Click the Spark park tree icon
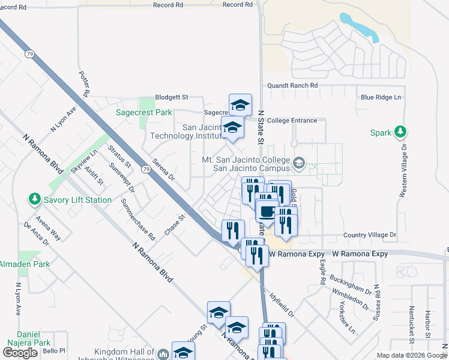click(401, 132)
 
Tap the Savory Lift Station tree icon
click(34, 199)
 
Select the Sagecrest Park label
click(143, 112)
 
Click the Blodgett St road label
click(172, 97)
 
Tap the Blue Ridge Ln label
click(381, 97)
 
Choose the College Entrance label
click(292, 121)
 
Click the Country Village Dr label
click(370, 236)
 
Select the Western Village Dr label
click(403, 171)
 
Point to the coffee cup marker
click(267, 211)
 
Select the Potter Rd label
click(84, 84)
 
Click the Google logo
click(20, 353)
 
